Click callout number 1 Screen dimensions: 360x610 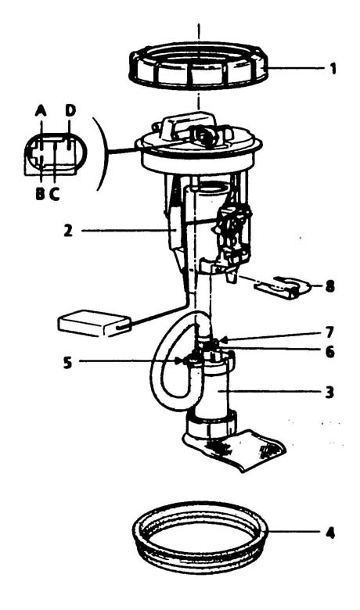click(333, 69)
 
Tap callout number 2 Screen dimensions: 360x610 click(68, 231)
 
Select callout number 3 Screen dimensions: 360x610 click(329, 393)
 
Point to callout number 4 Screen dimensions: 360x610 click(329, 533)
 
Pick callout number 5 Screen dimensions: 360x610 click(68, 362)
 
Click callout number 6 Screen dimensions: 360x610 click(329, 352)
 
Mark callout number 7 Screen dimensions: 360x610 click(329, 332)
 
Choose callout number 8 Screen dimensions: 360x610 click(329, 287)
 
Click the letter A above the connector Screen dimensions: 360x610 click(41, 111)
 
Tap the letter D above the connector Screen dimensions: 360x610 click(70, 110)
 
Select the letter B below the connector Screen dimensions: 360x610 click(40, 193)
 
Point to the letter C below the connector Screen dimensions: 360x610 click(55, 193)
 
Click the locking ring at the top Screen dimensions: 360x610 click(199, 84)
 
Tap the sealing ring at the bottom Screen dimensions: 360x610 click(200, 562)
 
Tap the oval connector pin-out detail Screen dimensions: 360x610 click(56, 153)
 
